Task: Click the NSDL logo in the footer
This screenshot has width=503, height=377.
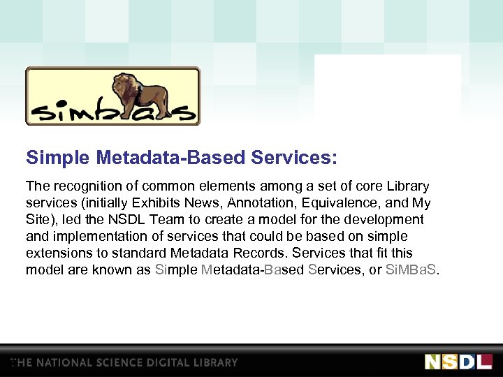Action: tap(458, 362)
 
